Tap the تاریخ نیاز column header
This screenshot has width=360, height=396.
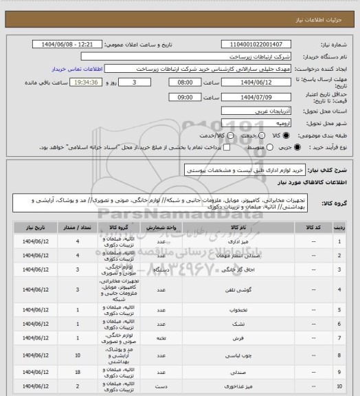click(32, 227)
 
